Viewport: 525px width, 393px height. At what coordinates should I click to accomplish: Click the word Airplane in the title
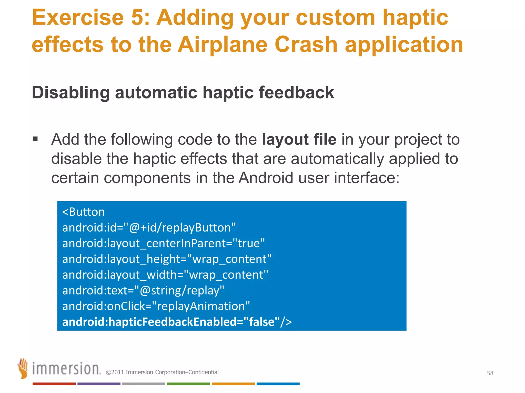(223, 45)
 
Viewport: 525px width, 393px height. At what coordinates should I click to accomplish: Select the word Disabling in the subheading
(71, 92)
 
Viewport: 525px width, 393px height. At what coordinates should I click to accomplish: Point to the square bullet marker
(35, 139)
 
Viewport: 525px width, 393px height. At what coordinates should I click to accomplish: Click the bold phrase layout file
(299, 140)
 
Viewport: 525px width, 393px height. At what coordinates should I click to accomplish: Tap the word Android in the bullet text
(266, 178)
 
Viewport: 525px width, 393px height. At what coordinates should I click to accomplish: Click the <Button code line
(84, 212)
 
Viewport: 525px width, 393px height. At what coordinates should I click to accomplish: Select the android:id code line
(149, 228)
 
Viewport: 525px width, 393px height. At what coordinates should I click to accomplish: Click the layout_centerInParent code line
(163, 243)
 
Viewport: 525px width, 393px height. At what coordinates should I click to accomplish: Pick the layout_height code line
(167, 259)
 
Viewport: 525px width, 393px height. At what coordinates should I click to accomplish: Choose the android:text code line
(143, 291)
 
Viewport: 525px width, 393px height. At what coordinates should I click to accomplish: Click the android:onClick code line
(156, 306)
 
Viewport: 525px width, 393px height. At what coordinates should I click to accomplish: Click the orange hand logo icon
(23, 368)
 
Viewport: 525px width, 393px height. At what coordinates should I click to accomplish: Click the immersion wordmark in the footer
(66, 369)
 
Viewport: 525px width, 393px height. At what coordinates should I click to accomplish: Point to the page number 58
(490, 373)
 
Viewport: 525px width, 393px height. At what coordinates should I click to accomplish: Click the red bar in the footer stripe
(54, 384)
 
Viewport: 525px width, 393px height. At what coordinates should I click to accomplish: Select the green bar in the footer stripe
(188, 384)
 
